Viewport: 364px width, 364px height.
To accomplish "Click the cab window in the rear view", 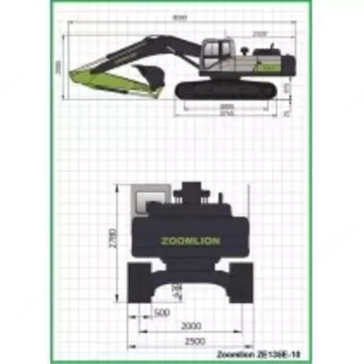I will pyautogui.click(x=151, y=200).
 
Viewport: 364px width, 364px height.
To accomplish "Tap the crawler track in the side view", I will pyautogui.click(x=223, y=89).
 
